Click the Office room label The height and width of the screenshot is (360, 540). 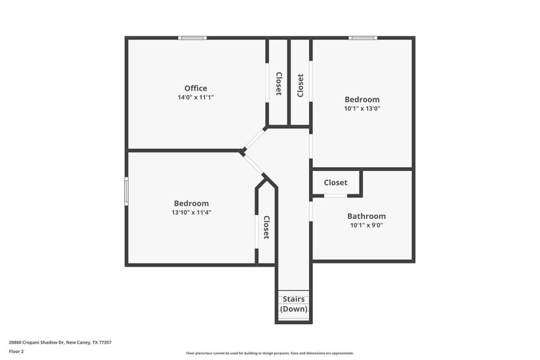click(196, 88)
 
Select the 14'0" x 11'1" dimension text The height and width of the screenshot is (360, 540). click(196, 97)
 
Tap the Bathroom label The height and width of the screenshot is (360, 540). click(366, 216)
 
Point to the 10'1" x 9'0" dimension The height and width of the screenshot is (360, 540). click(366, 226)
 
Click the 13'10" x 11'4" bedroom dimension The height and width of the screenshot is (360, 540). click(191, 212)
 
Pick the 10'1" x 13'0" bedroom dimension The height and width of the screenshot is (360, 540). click(362, 109)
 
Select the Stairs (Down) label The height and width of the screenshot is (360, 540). click(293, 304)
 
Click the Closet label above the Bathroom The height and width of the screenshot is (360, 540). click(335, 182)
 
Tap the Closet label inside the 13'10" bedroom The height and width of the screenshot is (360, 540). click(266, 227)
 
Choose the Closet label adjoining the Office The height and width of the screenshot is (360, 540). click(278, 84)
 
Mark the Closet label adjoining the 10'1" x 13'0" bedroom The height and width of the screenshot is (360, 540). click(300, 85)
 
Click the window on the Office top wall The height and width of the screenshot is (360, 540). click(192, 38)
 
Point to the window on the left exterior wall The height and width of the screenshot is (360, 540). click(127, 191)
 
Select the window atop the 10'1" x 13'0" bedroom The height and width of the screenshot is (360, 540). click(363, 38)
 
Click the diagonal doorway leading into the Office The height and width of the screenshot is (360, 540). click(254, 139)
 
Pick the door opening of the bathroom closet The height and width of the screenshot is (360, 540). click(335, 196)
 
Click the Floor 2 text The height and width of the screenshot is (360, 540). click(17, 351)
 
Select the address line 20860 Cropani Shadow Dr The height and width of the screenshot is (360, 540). click(60, 343)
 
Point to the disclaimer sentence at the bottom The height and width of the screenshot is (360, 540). click(270, 353)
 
